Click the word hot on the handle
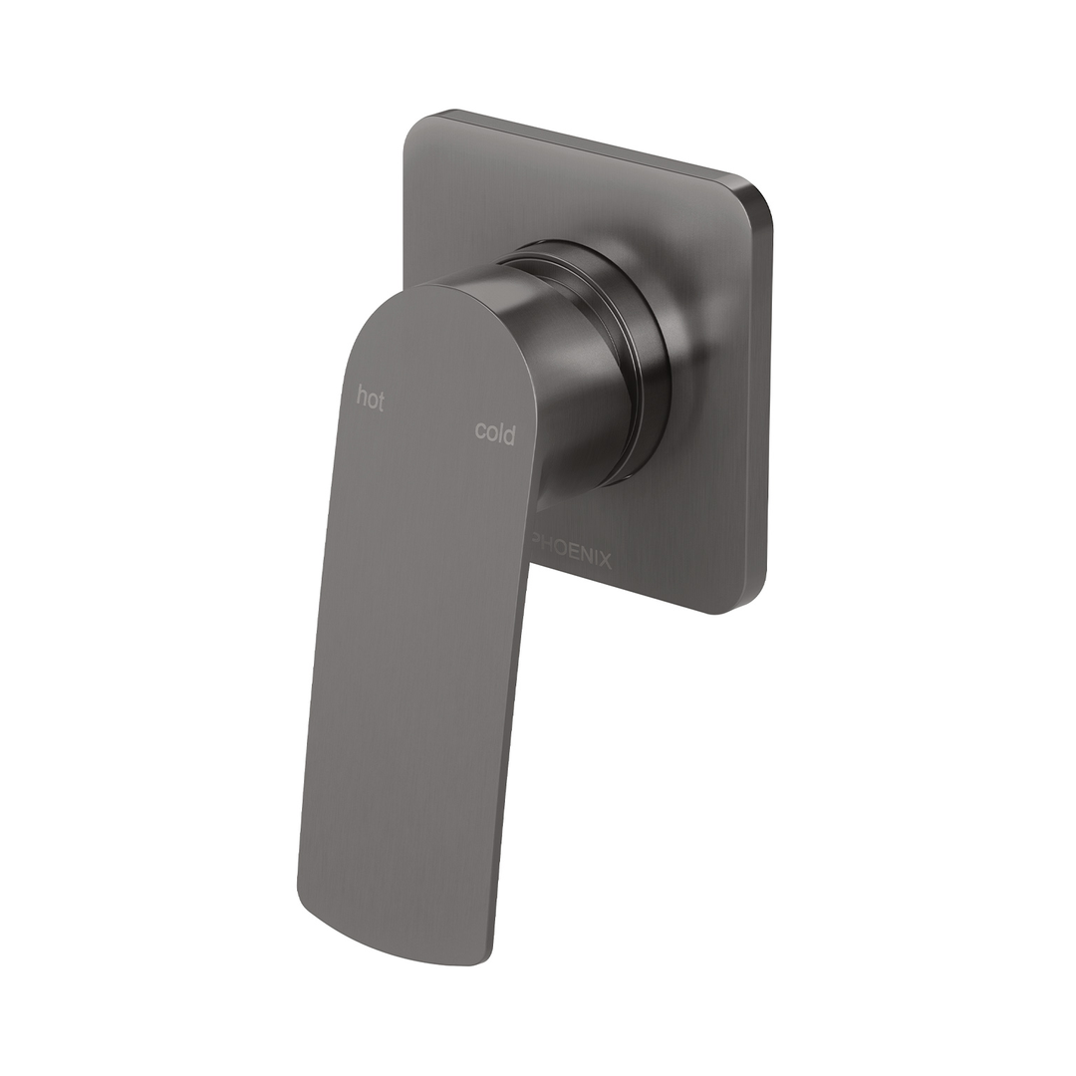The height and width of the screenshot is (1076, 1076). coord(371,400)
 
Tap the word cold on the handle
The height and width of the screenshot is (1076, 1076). coord(495,432)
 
